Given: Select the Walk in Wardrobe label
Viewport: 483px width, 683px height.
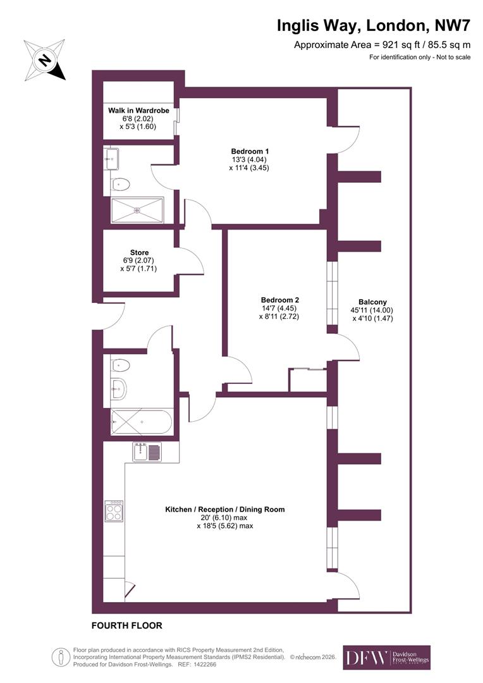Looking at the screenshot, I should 138,111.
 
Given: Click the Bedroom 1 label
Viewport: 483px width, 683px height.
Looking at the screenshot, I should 250,152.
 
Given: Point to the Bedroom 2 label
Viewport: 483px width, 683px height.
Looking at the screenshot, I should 279,300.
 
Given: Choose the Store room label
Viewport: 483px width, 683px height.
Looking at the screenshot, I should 138,253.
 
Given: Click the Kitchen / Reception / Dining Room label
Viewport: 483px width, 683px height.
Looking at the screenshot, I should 224,509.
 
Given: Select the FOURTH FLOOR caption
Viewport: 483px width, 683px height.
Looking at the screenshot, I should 127,625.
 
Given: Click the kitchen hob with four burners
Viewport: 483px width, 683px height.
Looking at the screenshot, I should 114,511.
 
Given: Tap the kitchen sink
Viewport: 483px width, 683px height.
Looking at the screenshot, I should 147,452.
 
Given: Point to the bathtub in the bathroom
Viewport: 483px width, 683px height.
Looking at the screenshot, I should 141,421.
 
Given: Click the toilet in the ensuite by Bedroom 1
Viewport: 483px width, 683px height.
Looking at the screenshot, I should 120,184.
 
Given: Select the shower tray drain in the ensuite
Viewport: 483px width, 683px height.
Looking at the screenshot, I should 137,210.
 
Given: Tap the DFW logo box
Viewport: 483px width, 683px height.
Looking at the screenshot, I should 386,658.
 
